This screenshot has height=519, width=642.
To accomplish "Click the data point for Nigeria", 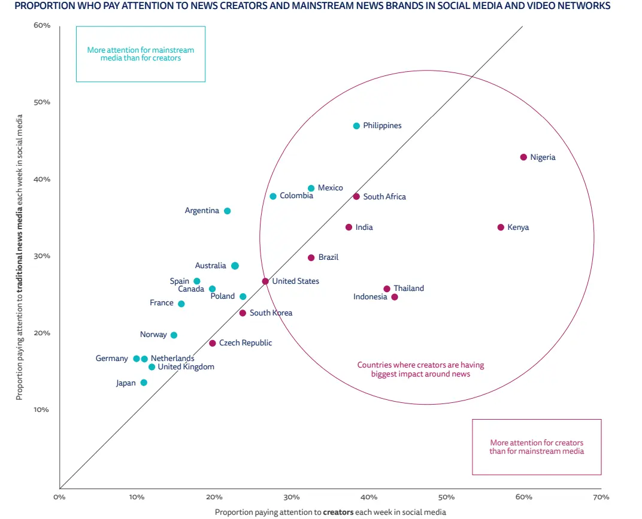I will (x=523, y=157).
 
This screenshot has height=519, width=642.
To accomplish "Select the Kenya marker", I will (x=501, y=227).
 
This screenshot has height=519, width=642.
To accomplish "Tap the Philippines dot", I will (x=356, y=126).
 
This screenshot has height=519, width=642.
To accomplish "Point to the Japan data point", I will (x=144, y=383).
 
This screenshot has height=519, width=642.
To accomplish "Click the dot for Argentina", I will (x=227, y=211).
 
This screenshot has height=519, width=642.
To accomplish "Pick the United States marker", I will (x=265, y=281).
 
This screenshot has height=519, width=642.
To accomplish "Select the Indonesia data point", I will (x=394, y=297).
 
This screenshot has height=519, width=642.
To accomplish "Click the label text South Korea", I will (x=271, y=313).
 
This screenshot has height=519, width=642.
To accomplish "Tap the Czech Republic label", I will (x=246, y=343).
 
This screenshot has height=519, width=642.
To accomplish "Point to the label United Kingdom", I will (x=186, y=367).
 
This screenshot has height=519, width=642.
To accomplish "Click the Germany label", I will (x=112, y=359).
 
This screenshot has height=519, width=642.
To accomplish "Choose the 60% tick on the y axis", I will (x=42, y=26).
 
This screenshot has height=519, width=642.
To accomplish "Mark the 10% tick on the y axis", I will (x=42, y=410).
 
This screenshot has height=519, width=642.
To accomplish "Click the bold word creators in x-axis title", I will (x=338, y=512).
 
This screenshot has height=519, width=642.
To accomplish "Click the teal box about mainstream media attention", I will (x=141, y=54).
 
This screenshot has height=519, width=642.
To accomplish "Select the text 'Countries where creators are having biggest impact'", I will (x=420, y=369).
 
